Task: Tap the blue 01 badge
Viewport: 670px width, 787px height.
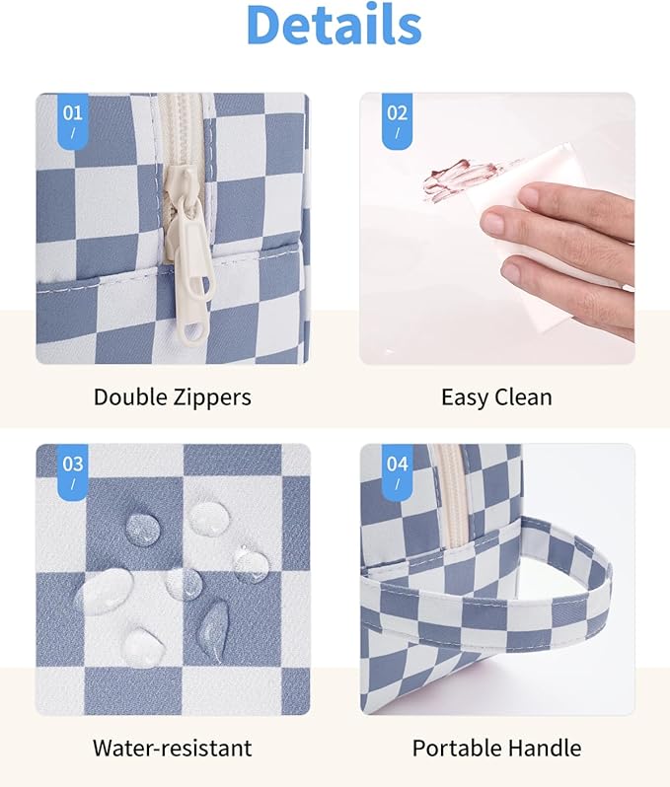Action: pos(73,119)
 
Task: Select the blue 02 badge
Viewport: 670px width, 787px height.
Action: pos(397,119)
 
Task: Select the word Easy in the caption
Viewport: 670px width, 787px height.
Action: pos(465,397)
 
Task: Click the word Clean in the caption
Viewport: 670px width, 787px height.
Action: pos(524,397)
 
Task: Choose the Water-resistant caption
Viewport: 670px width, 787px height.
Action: pos(173,748)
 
